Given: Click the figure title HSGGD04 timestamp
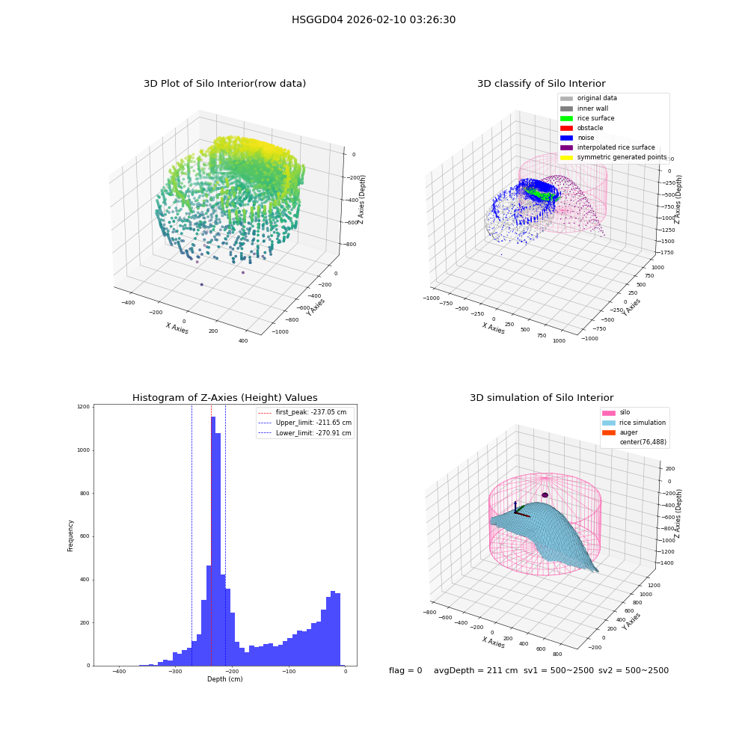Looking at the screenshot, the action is [x=373, y=19].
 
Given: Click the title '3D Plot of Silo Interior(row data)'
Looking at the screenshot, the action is [x=224, y=84].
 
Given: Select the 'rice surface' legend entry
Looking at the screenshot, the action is [x=587, y=118].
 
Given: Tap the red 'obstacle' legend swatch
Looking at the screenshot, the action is [x=566, y=128].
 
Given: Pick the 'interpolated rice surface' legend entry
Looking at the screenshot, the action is [x=607, y=147].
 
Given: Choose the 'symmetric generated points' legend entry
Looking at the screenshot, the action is [x=613, y=157].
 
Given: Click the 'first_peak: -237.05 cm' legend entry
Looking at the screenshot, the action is [x=302, y=412].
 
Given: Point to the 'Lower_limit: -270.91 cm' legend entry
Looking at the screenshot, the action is [x=305, y=433].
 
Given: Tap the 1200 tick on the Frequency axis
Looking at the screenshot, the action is [x=83, y=407].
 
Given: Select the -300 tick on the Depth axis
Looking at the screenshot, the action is [x=175, y=671].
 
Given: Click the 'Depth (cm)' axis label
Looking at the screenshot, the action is [x=225, y=679].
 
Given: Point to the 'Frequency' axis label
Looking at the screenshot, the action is [x=70, y=536].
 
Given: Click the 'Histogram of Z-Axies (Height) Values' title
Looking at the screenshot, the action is [x=224, y=398].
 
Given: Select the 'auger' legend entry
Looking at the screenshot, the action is [x=620, y=432].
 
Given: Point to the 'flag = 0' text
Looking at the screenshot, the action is [x=405, y=670].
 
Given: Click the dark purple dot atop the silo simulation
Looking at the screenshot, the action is [x=545, y=495].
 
